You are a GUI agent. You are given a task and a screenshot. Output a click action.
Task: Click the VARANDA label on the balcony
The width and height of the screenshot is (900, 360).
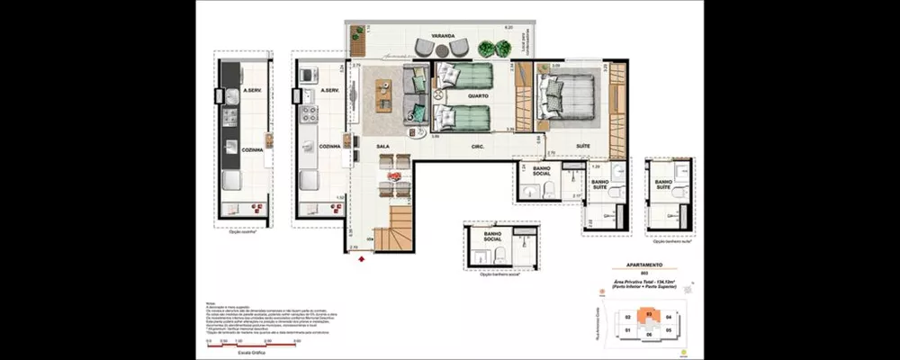click(442, 37)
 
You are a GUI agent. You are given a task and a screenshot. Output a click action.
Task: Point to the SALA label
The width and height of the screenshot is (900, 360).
click(382, 145)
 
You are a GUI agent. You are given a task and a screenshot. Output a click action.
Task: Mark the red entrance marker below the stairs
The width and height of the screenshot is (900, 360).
click(362, 259)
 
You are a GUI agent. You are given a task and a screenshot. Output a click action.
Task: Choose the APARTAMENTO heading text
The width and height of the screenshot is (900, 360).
click(644, 265)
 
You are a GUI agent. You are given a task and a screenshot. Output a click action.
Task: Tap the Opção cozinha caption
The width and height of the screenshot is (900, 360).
click(242, 230)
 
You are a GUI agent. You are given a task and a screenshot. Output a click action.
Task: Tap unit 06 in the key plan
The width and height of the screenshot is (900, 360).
click(649, 334)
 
